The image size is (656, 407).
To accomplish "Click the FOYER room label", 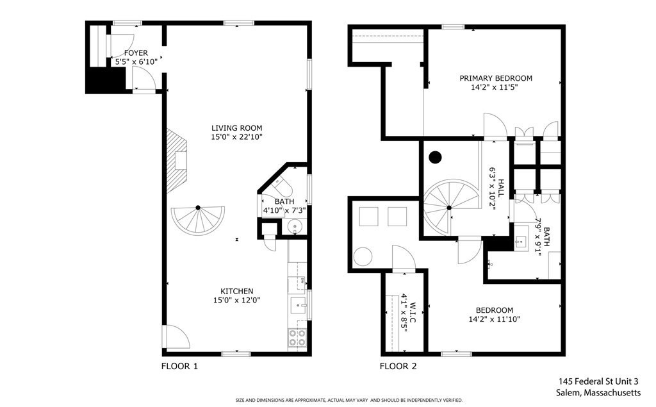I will point(135,53).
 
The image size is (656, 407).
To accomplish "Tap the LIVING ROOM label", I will point(237,128).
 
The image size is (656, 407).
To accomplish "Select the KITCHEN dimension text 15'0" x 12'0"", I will point(237,300).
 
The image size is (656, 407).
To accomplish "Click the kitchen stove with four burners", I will point(297,337).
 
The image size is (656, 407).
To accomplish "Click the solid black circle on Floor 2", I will point(436,156).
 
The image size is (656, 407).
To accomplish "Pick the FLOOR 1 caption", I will point(179,367).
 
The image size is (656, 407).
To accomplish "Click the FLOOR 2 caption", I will point(398,367).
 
